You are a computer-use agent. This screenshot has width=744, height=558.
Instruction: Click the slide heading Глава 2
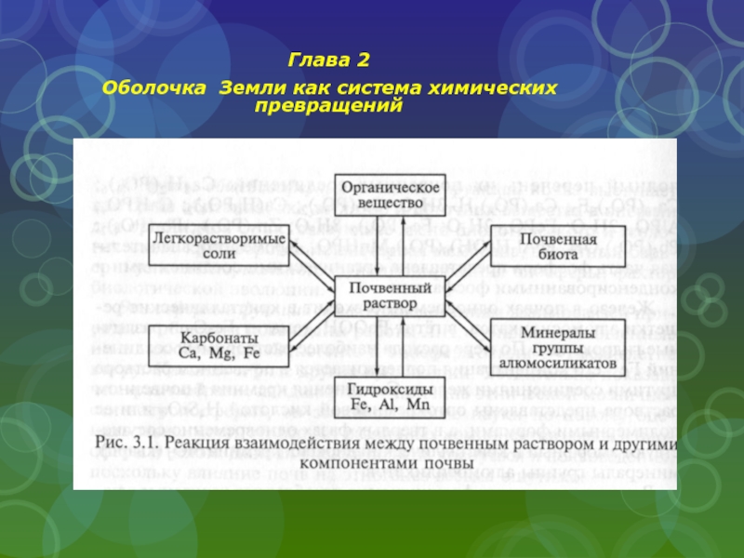click(329, 61)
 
